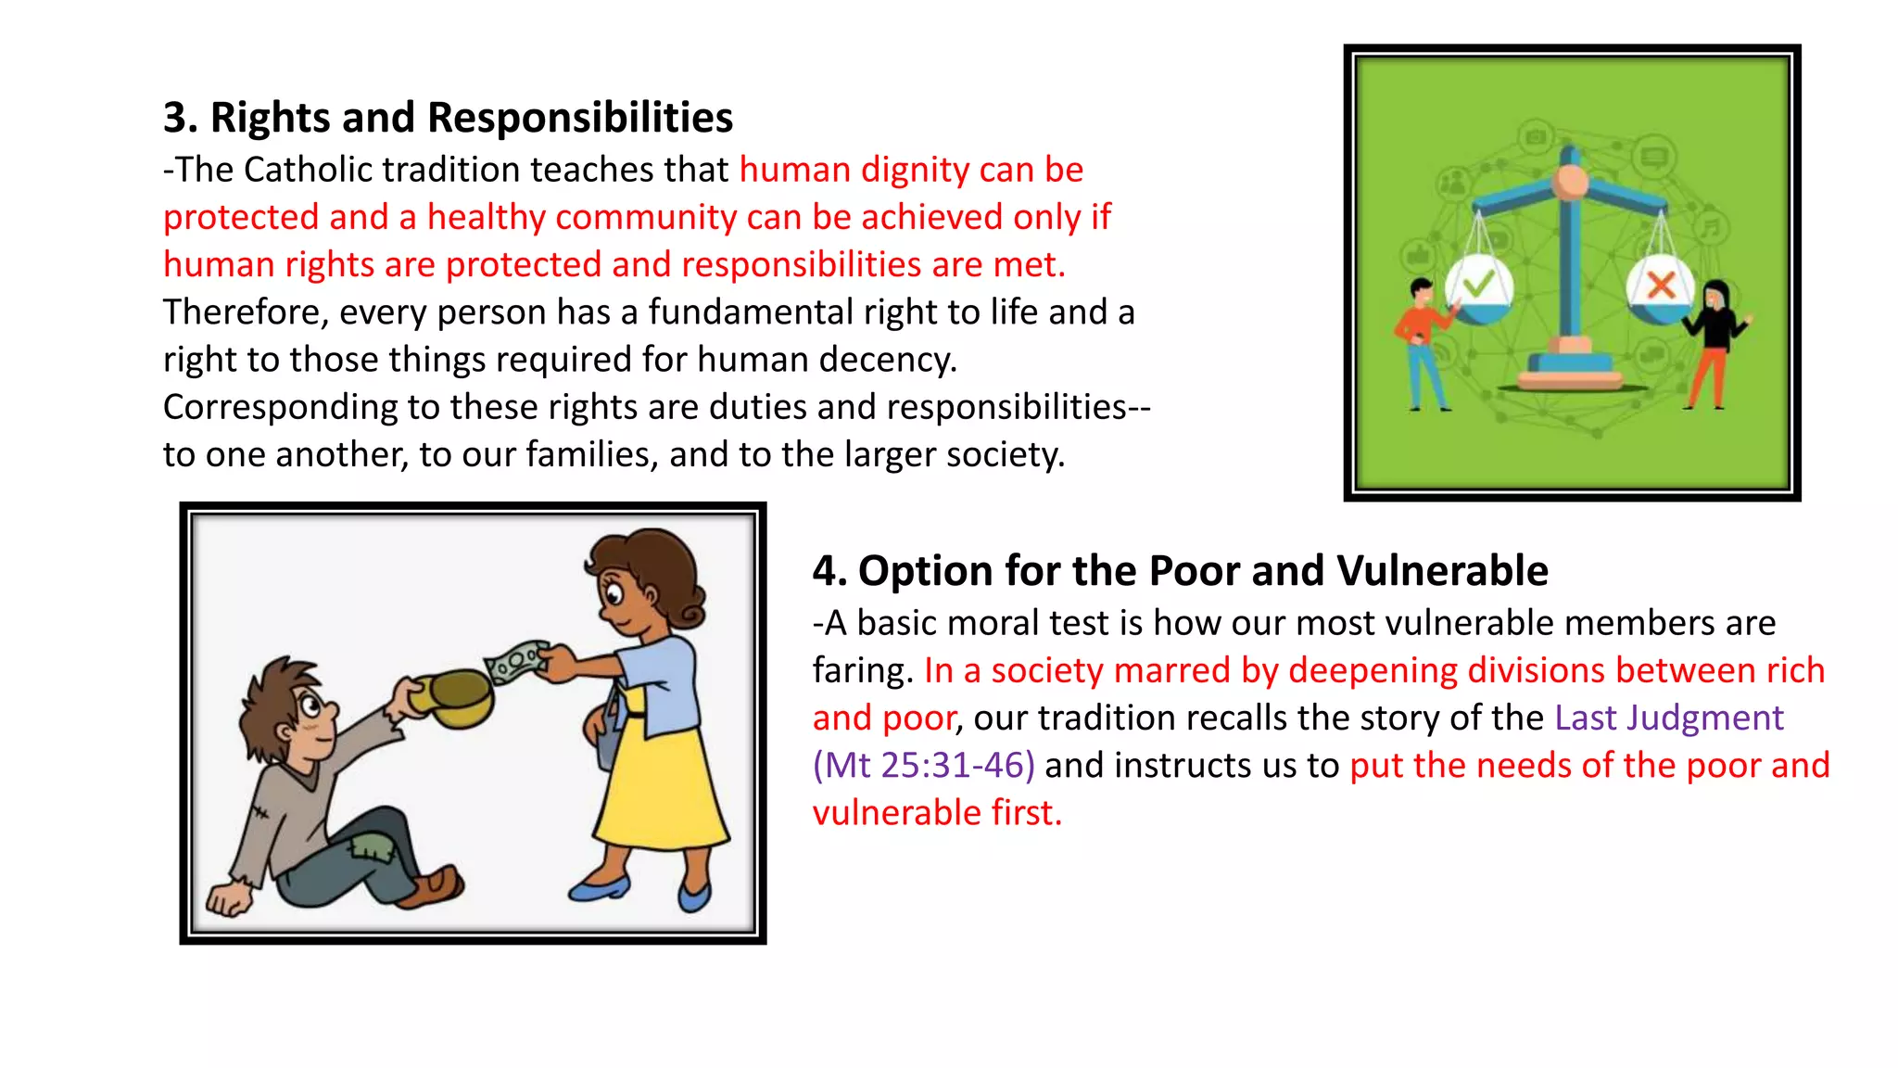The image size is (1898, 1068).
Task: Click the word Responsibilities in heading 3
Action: (x=580, y=118)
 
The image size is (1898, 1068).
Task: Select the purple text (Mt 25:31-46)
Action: (x=923, y=766)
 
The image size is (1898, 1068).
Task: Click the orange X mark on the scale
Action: (x=1661, y=284)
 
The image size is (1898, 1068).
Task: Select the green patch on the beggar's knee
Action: (x=372, y=847)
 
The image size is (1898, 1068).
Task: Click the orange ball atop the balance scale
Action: (x=1570, y=183)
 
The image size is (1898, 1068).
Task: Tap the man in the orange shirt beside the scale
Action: (x=1422, y=343)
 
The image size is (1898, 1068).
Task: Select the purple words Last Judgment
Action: (x=1668, y=718)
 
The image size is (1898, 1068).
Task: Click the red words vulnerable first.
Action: (x=936, y=813)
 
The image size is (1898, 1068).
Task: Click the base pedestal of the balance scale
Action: (x=1570, y=371)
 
